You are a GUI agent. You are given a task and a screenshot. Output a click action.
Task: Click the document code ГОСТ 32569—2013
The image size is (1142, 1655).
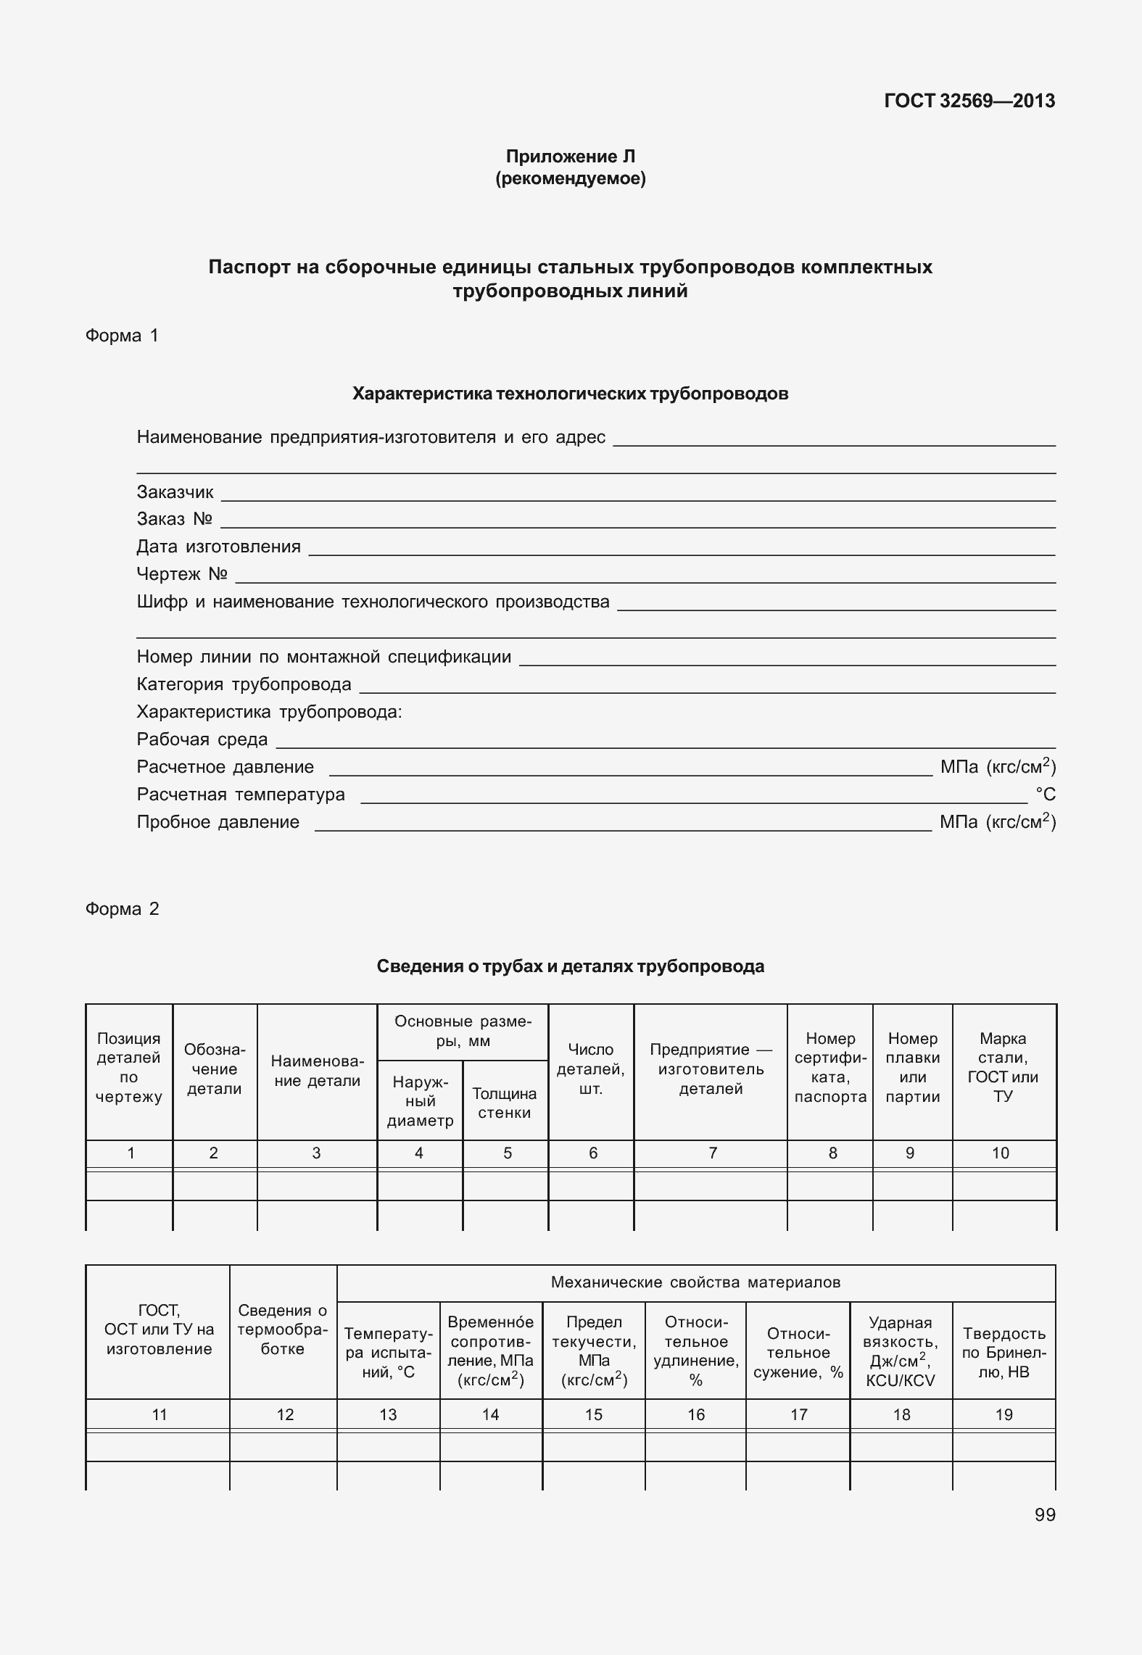[969, 101]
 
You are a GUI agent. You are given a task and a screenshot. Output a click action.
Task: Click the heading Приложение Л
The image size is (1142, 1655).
[570, 157]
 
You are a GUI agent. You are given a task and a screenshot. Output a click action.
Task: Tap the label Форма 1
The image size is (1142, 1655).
[122, 336]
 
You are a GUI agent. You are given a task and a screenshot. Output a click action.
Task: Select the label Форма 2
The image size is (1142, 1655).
[122, 909]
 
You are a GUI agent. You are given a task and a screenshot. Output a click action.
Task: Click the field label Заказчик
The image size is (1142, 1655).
[175, 492]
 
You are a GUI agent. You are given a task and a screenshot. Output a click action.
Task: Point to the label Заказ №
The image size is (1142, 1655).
[174, 519]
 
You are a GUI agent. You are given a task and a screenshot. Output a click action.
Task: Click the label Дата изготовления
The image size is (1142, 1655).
[218, 547]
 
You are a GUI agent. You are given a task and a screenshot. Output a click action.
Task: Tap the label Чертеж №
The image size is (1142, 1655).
[182, 574]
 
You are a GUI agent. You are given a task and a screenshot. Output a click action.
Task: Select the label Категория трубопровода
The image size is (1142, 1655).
[244, 684]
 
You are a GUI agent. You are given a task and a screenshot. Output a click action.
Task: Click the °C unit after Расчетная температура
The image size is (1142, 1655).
[1045, 795]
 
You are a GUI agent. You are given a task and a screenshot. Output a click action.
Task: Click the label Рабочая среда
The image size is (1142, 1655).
[202, 739]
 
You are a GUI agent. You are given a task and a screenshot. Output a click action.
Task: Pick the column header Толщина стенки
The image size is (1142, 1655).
[505, 1103]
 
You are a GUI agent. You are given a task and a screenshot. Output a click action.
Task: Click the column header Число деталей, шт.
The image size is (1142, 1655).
[591, 1069]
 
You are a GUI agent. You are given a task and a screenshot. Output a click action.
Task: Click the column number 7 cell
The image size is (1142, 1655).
[712, 1153]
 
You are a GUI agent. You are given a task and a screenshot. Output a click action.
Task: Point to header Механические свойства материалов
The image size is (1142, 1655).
[695, 1282]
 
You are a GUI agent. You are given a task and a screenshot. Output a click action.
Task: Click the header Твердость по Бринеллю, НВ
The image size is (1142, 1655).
[1004, 1352]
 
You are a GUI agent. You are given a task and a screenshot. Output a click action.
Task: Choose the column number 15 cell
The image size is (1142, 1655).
[593, 1414]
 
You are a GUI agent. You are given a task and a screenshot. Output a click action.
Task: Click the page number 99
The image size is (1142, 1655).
[1045, 1515]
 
